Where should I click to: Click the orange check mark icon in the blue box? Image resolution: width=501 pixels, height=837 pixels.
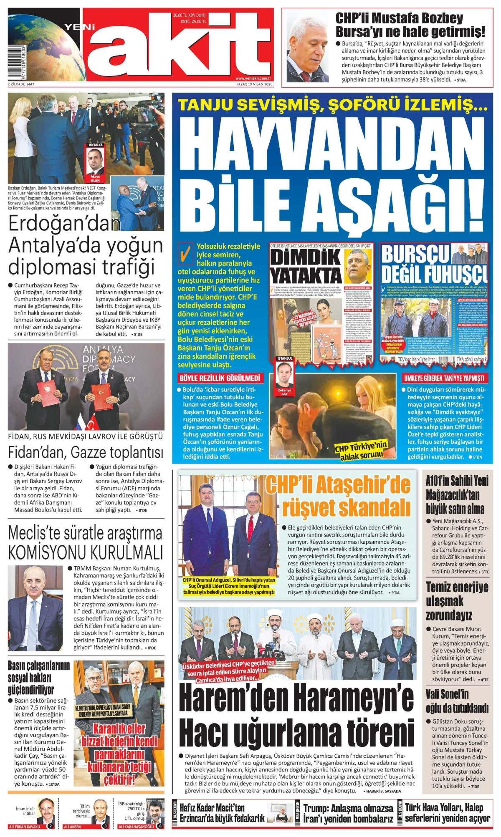[x=182, y=253]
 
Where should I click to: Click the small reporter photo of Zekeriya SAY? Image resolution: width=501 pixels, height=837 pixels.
[x=285, y=371]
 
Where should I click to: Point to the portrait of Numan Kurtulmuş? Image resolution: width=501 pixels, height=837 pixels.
[x=33, y=605]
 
